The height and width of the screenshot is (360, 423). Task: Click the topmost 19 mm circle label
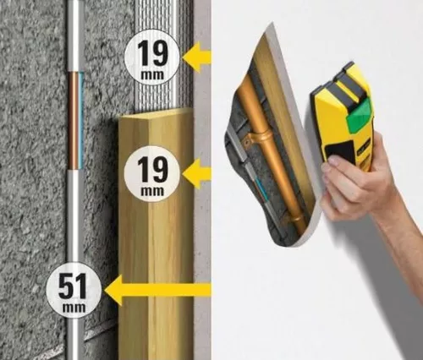point(152,56)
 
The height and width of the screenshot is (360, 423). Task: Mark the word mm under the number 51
point(74,307)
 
